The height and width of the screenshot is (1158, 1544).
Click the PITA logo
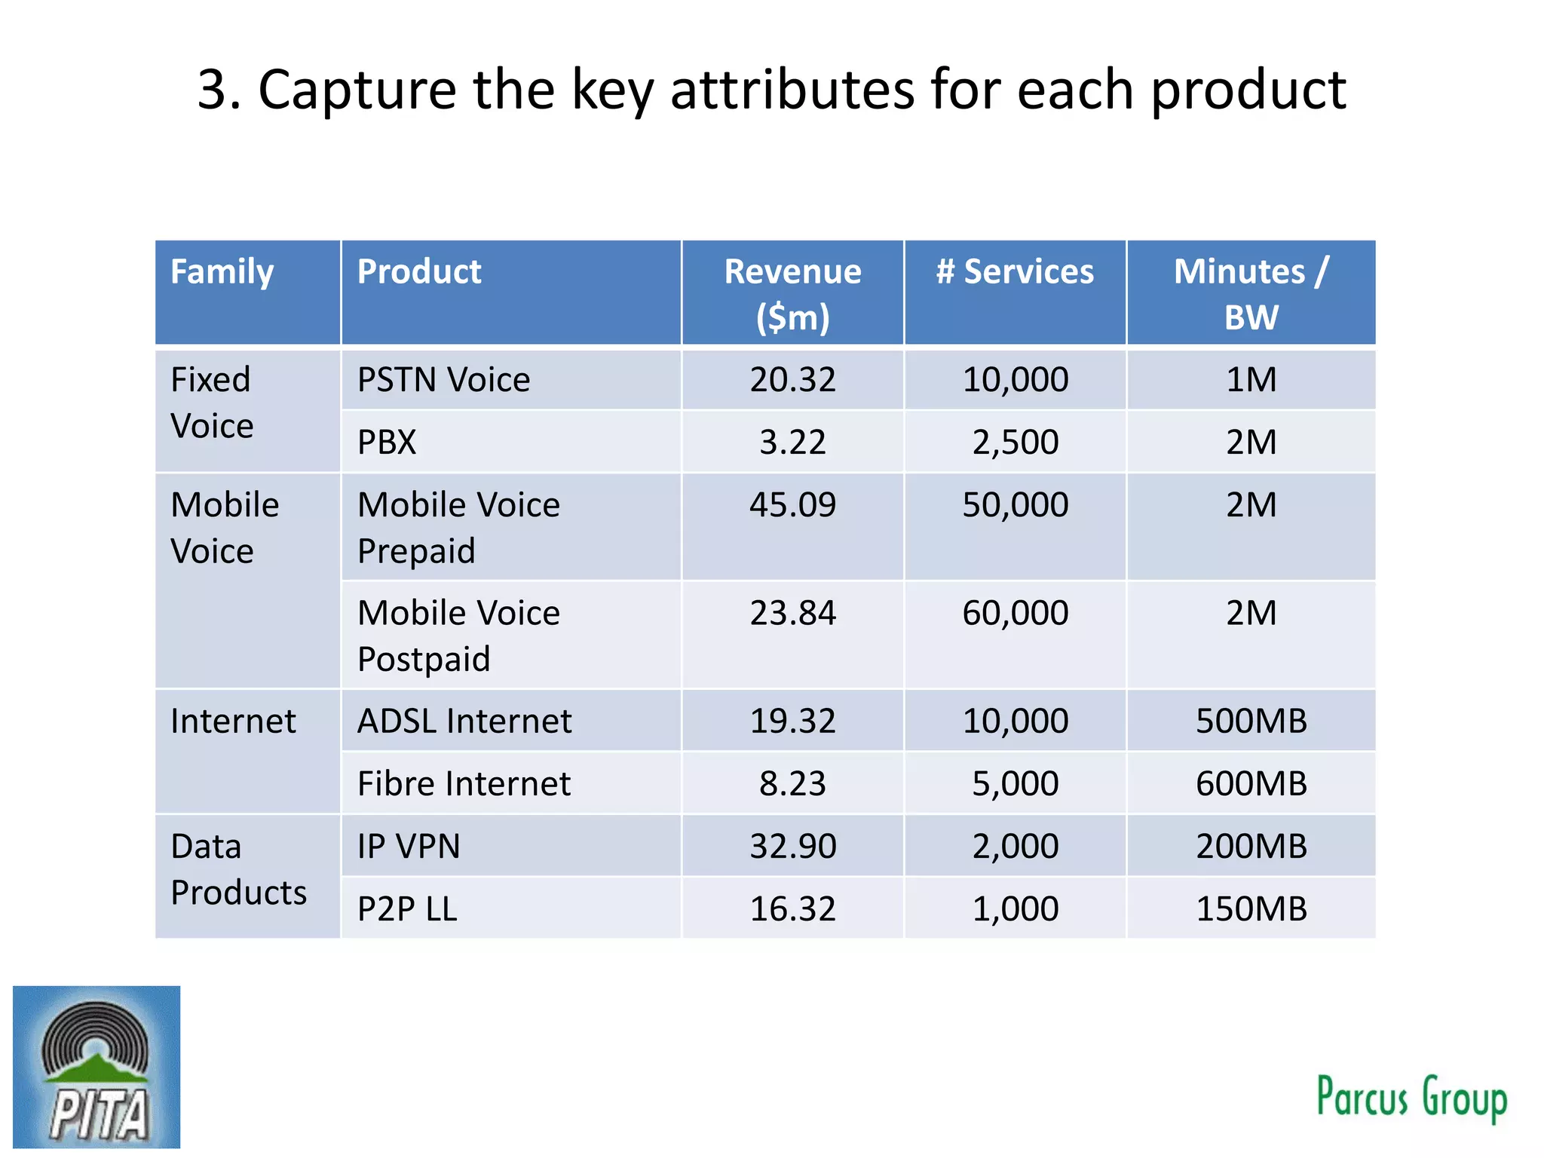tap(96, 1066)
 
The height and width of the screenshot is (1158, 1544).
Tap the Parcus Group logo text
tap(1411, 1097)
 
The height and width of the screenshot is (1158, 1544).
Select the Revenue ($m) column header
tap(792, 293)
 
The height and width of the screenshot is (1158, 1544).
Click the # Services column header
tap(1015, 272)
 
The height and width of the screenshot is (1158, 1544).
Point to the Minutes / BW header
tap(1251, 293)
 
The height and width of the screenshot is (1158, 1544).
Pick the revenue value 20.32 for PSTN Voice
tap(792, 379)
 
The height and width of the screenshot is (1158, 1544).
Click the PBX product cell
tap(387, 442)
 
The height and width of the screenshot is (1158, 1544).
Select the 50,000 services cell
tap(1015, 504)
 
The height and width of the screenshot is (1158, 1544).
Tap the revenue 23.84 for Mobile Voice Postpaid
tap(792, 613)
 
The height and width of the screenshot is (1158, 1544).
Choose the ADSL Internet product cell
tap(464, 721)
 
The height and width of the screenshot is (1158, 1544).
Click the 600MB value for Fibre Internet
tap(1251, 783)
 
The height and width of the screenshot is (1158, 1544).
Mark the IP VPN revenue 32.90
tap(792, 846)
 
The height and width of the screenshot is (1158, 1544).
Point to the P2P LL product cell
tap(407, 908)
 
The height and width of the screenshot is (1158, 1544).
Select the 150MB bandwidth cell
tap(1251, 908)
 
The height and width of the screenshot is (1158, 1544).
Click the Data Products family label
tap(238, 869)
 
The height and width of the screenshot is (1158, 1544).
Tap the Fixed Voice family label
tap(212, 403)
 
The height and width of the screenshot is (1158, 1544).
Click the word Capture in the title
tap(357, 90)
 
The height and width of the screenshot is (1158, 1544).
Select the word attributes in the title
tap(792, 90)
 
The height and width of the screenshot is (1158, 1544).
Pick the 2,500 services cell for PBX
tap(1015, 442)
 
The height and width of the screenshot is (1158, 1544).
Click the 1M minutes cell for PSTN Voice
tap(1251, 379)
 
